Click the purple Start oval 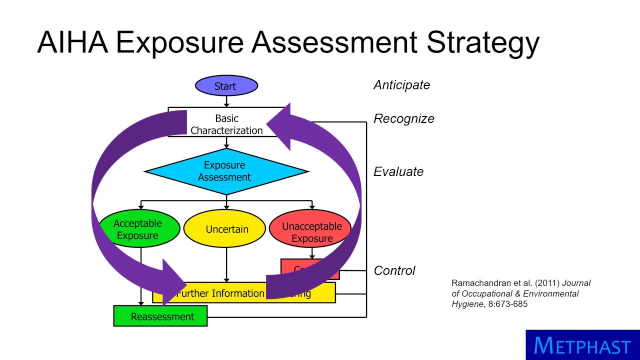click(226, 86)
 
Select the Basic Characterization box click(226, 124)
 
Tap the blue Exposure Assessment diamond click(226, 171)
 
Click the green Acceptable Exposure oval click(138, 229)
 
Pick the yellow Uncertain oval click(226, 229)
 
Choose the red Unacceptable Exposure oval click(311, 232)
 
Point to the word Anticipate click(401, 85)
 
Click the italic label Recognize click(403, 119)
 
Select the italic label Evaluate click(398, 172)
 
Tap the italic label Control click(394, 270)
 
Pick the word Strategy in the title click(482, 43)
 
